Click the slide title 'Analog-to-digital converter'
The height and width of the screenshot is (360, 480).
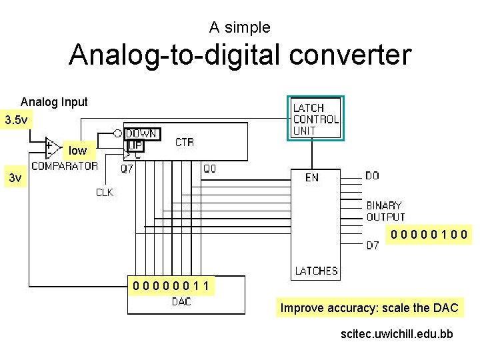point(240,55)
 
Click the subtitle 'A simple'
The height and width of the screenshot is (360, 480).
point(239,27)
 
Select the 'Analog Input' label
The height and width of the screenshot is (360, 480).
point(54,102)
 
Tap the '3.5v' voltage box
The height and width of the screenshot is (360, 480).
point(16,121)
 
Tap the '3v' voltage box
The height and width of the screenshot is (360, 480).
point(15,178)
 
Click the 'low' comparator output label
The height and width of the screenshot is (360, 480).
point(77,151)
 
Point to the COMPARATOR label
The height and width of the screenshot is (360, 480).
point(65,166)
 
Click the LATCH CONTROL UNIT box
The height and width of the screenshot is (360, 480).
point(315,119)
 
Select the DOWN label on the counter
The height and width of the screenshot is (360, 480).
point(141,133)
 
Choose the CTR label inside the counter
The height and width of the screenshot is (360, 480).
point(185,142)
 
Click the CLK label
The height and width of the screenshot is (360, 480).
point(105,193)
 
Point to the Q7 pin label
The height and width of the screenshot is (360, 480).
point(127,169)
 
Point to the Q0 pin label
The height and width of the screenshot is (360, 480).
point(209,169)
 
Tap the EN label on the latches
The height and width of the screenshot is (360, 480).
point(311,177)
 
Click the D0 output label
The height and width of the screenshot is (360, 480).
point(372,176)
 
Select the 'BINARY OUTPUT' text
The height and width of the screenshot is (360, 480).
point(385,211)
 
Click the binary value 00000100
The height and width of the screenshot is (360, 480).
point(430,234)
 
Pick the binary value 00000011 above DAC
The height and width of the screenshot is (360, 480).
point(172,287)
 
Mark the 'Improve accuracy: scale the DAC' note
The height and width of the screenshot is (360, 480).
point(369,308)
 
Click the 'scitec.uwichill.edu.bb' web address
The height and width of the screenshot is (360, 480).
point(396,333)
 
